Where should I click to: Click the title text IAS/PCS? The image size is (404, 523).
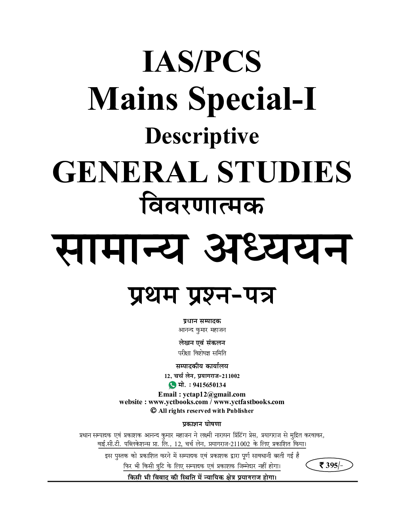click(202, 62)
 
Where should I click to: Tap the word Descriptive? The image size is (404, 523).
click(202, 137)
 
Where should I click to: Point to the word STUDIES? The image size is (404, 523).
click(284, 172)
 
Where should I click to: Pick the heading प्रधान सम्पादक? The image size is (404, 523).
click(202, 321)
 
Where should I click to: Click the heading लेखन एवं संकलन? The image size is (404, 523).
click(202, 343)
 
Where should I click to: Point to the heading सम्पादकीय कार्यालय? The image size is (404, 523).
click(202, 366)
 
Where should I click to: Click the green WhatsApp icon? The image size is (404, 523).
click(172, 385)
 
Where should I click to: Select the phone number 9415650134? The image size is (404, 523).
click(209, 385)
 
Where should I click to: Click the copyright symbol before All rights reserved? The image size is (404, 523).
click(153, 410)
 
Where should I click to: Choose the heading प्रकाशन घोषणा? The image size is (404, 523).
click(202, 424)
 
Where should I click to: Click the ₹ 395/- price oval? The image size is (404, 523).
click(329, 465)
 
